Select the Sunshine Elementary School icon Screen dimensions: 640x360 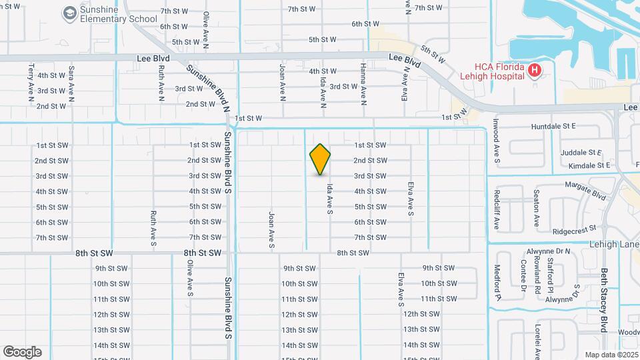(x=69, y=13)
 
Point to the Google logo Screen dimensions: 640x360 (x=22, y=351)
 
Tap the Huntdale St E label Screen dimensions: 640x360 (x=553, y=126)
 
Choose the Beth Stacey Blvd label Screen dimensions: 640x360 (x=603, y=300)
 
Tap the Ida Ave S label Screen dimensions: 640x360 (x=329, y=199)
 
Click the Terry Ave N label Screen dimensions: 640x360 (x=31, y=83)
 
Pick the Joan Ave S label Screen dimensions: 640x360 (x=271, y=231)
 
